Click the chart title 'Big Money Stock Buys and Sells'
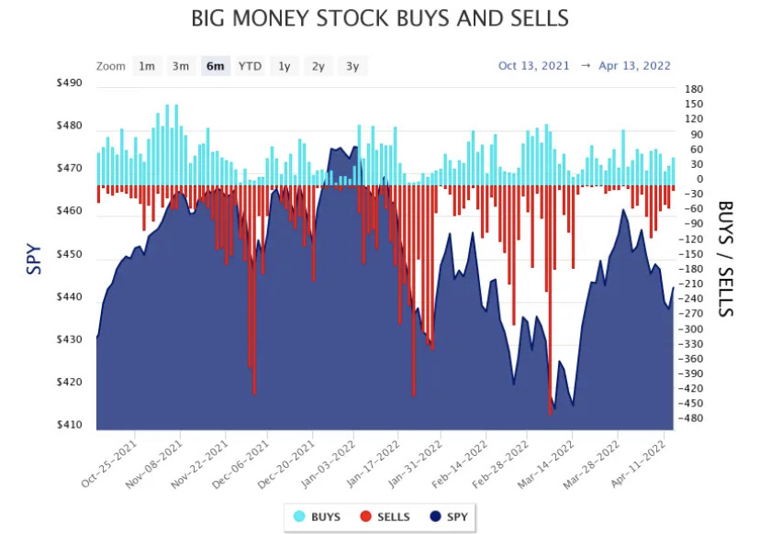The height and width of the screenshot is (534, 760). pyautogui.click(x=379, y=18)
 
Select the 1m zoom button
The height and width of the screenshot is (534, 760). pyautogui.click(x=146, y=66)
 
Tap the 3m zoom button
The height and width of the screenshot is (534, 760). pyautogui.click(x=181, y=66)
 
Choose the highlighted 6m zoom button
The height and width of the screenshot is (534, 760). pyautogui.click(x=215, y=66)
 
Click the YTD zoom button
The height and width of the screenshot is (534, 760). pyautogui.click(x=250, y=66)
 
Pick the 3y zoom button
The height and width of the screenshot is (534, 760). pyautogui.click(x=352, y=66)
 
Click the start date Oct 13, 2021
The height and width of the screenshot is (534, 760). pyautogui.click(x=533, y=65)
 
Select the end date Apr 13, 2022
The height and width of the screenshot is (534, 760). pyautogui.click(x=634, y=65)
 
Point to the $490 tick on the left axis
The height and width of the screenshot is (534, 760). pyautogui.click(x=70, y=83)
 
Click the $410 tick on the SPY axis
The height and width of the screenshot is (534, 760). pyautogui.click(x=70, y=426)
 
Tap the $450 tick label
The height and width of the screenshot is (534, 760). pyautogui.click(x=70, y=255)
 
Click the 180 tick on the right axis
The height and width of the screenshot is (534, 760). pyautogui.click(x=694, y=89)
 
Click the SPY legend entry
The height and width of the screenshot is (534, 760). pyautogui.click(x=448, y=517)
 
